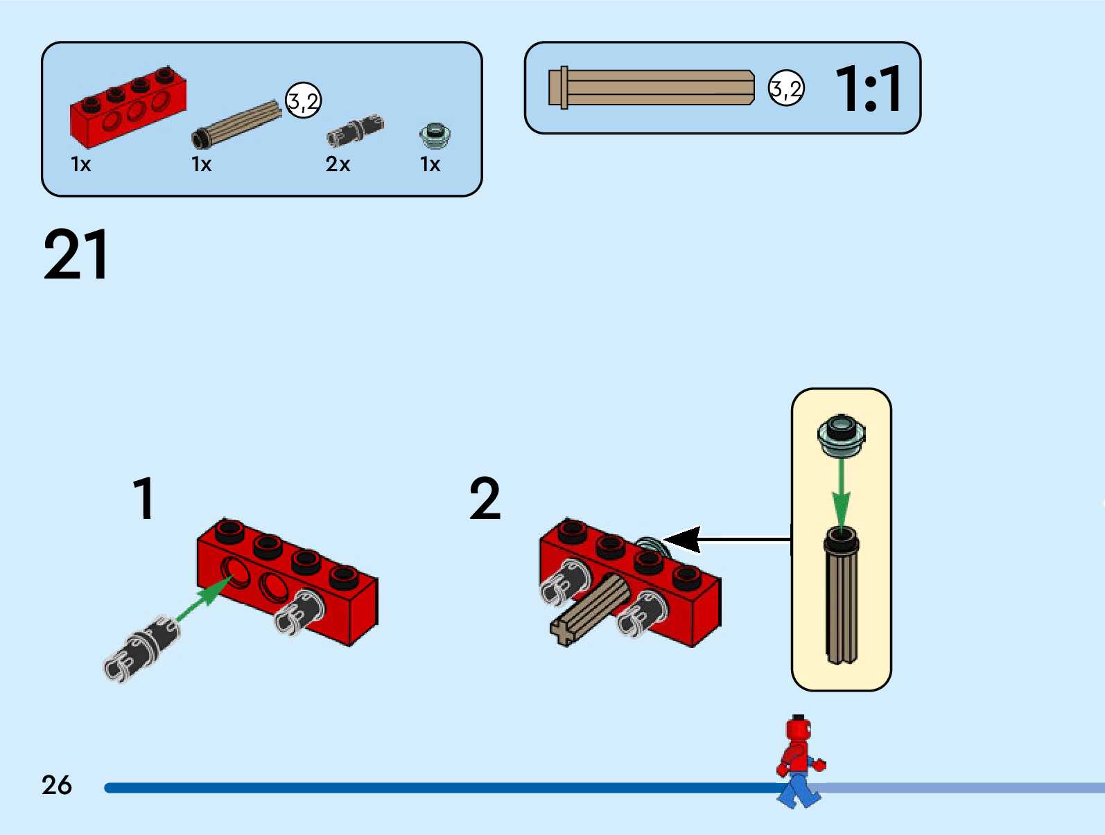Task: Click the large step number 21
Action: click(x=76, y=255)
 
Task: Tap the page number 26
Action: click(x=57, y=785)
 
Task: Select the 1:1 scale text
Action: click(x=868, y=89)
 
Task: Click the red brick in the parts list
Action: click(x=128, y=107)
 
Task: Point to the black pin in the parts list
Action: click(x=354, y=130)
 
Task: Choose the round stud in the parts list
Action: click(x=435, y=134)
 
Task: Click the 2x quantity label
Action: click(x=338, y=164)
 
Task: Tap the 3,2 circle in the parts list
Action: click(x=304, y=100)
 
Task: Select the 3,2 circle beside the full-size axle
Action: click(x=786, y=89)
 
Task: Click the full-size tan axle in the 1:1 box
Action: click(x=652, y=88)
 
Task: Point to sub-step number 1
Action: click(x=143, y=498)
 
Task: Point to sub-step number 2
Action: click(x=485, y=498)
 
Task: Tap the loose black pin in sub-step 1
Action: click(x=142, y=648)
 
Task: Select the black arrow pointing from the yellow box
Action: click(x=728, y=539)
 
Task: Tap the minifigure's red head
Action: click(x=798, y=730)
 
